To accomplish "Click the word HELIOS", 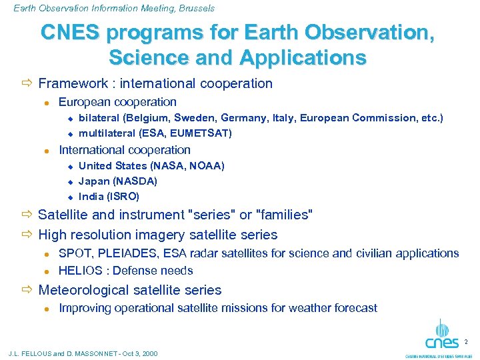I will [81, 271].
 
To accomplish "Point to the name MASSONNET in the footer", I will [93, 353].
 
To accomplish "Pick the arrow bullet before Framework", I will [27, 83].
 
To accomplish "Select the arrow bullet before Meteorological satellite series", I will [27, 290].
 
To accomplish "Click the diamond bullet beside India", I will [69, 197].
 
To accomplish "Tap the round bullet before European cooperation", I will [47, 103].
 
